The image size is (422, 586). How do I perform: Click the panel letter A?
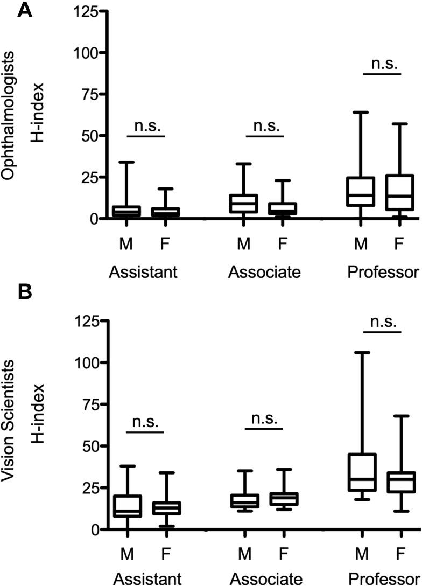click(x=25, y=11)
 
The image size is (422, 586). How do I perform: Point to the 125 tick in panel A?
click(x=87, y=11)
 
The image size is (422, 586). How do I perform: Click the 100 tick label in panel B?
click(x=87, y=362)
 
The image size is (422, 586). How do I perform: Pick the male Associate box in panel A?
click(x=244, y=204)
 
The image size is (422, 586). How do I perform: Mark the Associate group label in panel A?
click(x=264, y=272)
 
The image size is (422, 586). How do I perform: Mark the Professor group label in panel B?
click(x=383, y=579)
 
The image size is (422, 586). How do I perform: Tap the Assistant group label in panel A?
click(x=143, y=272)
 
